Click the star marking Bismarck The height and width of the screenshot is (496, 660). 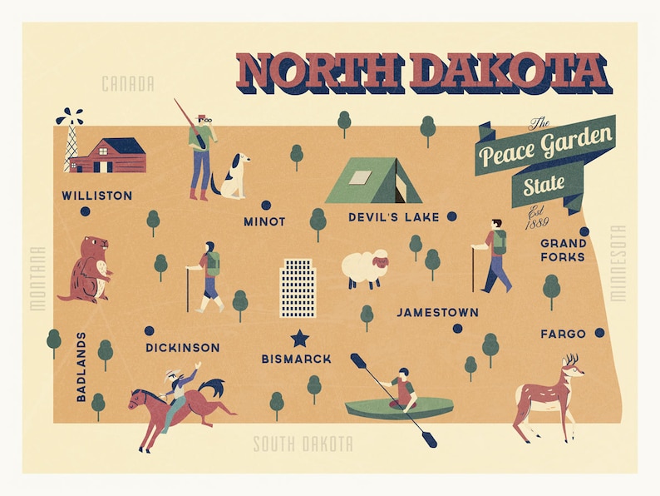[x=298, y=337]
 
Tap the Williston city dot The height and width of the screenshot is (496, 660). [x=85, y=211]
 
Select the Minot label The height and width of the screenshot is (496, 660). [x=264, y=222]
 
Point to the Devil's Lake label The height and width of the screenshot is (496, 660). [x=393, y=217]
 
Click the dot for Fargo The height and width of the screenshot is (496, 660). [x=599, y=333]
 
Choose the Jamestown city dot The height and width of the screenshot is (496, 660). [x=457, y=328]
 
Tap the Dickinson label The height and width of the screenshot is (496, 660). [x=182, y=347]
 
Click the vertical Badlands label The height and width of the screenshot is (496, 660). [x=81, y=367]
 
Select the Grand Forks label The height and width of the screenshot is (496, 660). [x=563, y=250]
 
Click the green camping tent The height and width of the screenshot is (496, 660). [x=372, y=181]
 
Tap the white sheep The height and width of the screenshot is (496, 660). [x=365, y=268]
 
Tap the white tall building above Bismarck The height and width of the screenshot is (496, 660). [x=298, y=288]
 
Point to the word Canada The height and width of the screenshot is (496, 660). [x=128, y=84]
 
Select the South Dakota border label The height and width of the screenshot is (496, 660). [x=303, y=444]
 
